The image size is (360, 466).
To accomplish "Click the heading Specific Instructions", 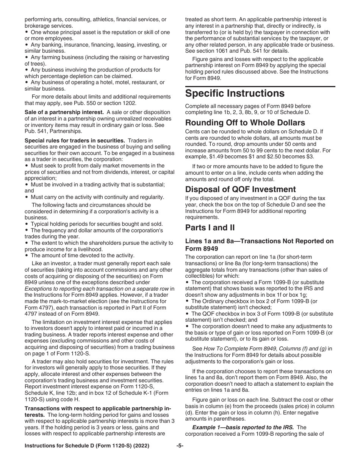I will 235,94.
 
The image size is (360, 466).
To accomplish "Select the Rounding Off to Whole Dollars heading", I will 245,122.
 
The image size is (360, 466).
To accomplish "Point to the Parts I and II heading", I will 210,227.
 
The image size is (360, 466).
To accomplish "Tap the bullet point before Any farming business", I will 27,58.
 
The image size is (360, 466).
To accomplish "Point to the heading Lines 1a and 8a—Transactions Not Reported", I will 259,245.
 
